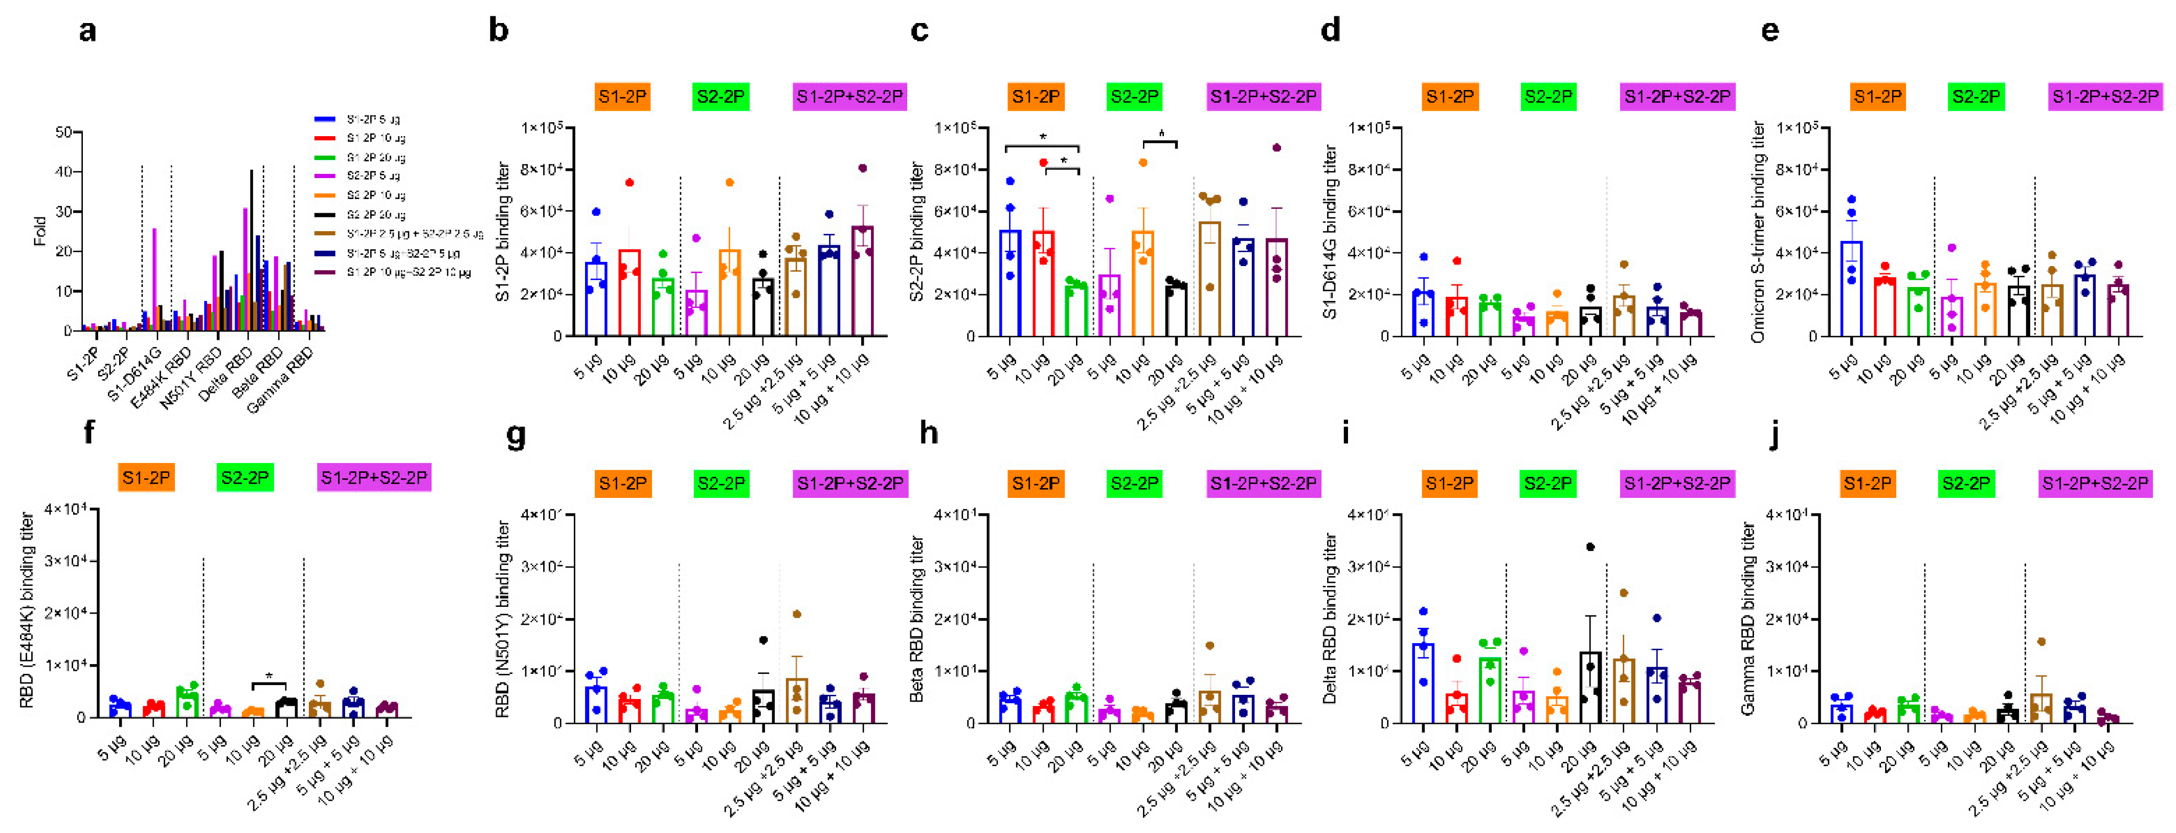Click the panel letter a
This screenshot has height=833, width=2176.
pos(87,31)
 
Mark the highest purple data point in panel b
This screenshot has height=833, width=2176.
pos(862,168)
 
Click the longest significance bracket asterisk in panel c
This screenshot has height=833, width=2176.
pos(1042,137)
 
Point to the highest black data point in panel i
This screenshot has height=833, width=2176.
pos(1590,546)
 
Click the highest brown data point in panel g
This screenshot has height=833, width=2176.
pos(797,614)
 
